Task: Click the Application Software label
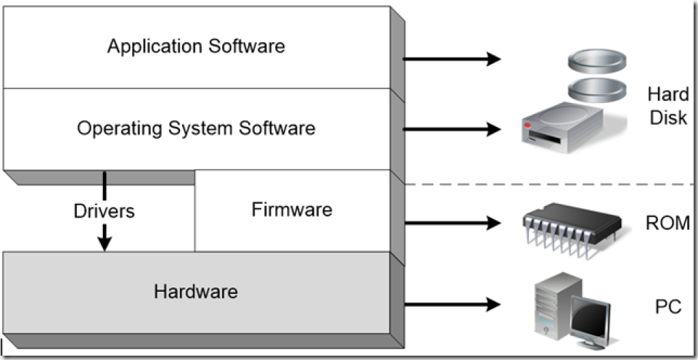[x=196, y=46]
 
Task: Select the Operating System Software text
[x=196, y=128]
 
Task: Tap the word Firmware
[x=292, y=209]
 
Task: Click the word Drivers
[x=104, y=211]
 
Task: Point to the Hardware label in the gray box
[x=196, y=292]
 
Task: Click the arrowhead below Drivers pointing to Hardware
[x=104, y=243]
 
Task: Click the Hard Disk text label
[x=668, y=106]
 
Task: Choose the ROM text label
[x=667, y=223]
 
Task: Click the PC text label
[x=667, y=307]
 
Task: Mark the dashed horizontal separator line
[x=545, y=185]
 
